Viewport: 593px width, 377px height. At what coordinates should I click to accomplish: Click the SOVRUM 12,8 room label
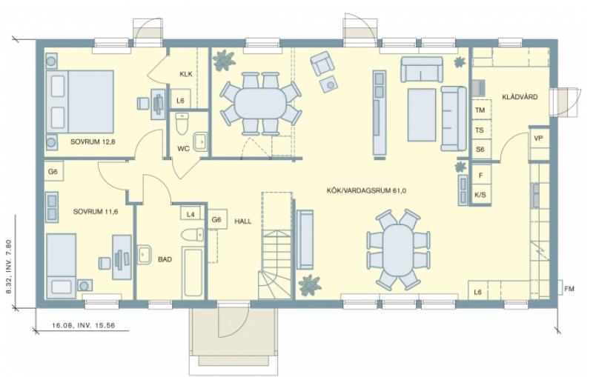tap(93, 142)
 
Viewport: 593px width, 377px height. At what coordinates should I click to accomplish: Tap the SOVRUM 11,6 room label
tap(96, 212)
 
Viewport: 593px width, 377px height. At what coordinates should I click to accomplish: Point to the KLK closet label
tap(186, 74)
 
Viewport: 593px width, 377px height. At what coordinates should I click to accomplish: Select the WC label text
tap(183, 148)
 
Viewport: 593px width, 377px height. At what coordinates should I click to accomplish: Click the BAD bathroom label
tap(165, 259)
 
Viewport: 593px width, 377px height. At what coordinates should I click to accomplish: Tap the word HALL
tap(243, 221)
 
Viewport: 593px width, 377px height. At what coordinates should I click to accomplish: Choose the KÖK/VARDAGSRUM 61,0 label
tap(366, 191)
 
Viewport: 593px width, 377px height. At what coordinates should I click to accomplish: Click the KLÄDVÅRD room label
tap(520, 97)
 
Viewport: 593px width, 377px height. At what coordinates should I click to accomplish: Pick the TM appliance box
tap(481, 110)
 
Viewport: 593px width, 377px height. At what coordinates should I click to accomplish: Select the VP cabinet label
tap(538, 139)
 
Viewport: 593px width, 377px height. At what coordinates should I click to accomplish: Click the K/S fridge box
tap(480, 195)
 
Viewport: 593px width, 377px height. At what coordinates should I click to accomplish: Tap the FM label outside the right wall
tap(569, 289)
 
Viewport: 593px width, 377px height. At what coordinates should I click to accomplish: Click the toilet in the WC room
tap(182, 124)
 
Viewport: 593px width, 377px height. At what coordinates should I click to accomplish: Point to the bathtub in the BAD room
tap(193, 273)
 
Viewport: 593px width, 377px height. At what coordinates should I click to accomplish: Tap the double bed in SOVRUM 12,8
tap(80, 101)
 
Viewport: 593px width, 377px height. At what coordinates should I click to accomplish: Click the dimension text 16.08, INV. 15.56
tap(83, 325)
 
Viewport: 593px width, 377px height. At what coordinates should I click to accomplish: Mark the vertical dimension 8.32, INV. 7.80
tap(9, 267)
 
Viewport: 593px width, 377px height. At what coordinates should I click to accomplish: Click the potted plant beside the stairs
tap(310, 285)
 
